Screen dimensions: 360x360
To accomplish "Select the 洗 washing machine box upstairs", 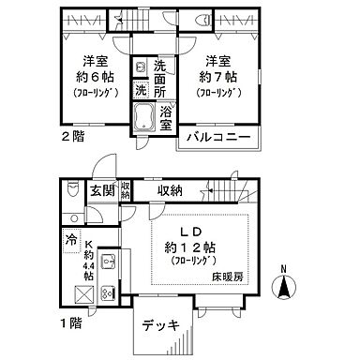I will point(140,91).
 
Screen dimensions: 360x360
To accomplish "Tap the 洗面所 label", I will point(160,79).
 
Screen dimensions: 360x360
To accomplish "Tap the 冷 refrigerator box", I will point(72,239).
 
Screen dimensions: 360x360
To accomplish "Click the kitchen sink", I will point(108,262).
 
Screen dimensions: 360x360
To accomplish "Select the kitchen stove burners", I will point(107,291).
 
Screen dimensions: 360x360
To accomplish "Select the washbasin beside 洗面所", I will point(140,67).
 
